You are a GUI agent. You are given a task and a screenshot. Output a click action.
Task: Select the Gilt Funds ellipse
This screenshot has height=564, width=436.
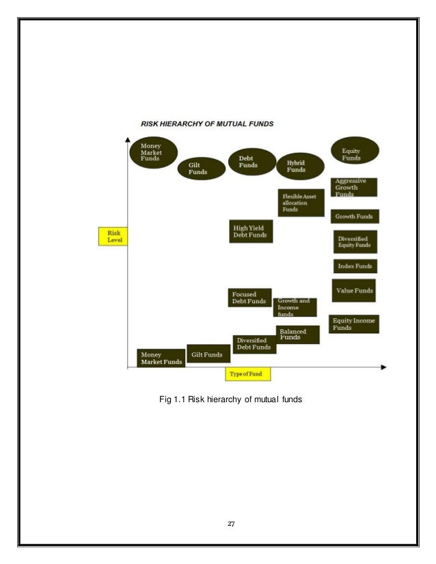[x=201, y=169]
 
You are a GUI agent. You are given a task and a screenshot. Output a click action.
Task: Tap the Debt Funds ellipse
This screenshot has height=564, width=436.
[x=250, y=163]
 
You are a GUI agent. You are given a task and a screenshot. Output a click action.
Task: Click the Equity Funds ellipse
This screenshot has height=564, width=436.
[x=355, y=153]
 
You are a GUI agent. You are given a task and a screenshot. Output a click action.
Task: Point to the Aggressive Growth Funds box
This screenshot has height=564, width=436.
[x=355, y=188]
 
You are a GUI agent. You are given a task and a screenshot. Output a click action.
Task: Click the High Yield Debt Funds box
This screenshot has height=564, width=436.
[x=250, y=232]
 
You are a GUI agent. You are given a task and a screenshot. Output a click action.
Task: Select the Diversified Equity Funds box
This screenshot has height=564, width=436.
[x=355, y=241]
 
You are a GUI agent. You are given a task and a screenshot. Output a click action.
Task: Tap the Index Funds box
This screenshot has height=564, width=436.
[x=355, y=266]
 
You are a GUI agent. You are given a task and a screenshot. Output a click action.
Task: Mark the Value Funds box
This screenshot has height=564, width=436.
[x=354, y=291]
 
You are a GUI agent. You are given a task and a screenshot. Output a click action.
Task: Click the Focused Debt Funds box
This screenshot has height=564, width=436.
[x=249, y=298]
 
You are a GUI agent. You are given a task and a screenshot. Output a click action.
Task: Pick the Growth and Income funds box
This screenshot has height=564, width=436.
[x=295, y=307]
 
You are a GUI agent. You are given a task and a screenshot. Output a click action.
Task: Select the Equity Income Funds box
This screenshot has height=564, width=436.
[x=354, y=324]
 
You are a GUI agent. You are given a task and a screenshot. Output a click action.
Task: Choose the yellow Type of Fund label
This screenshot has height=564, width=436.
[x=249, y=373]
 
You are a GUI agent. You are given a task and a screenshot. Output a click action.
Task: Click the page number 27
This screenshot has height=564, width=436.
[x=231, y=524]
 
